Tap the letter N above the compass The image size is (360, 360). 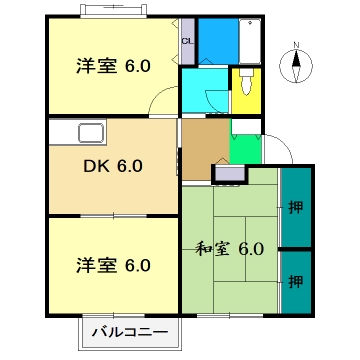click(296, 45)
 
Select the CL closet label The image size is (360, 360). click(187, 41)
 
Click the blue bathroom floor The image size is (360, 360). click(217, 41)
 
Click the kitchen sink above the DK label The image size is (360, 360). click(89, 134)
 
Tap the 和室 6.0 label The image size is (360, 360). click(229, 248)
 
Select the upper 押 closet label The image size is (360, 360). click(295, 207)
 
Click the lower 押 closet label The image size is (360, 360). click(295, 283)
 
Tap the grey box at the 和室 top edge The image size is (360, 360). click(228, 173)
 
